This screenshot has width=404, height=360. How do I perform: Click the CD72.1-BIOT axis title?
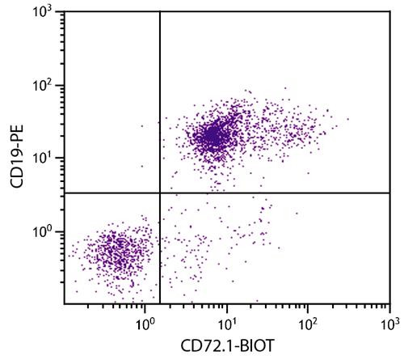(227, 347)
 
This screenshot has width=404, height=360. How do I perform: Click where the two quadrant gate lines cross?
(160, 193)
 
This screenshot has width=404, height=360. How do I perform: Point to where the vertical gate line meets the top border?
(160, 11)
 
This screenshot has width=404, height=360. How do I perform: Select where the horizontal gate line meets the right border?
(389, 193)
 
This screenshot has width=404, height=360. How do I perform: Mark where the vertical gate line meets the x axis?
(160, 304)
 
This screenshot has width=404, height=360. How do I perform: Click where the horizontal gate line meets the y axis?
(64, 193)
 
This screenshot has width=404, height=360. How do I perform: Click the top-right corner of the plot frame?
(389, 11)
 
